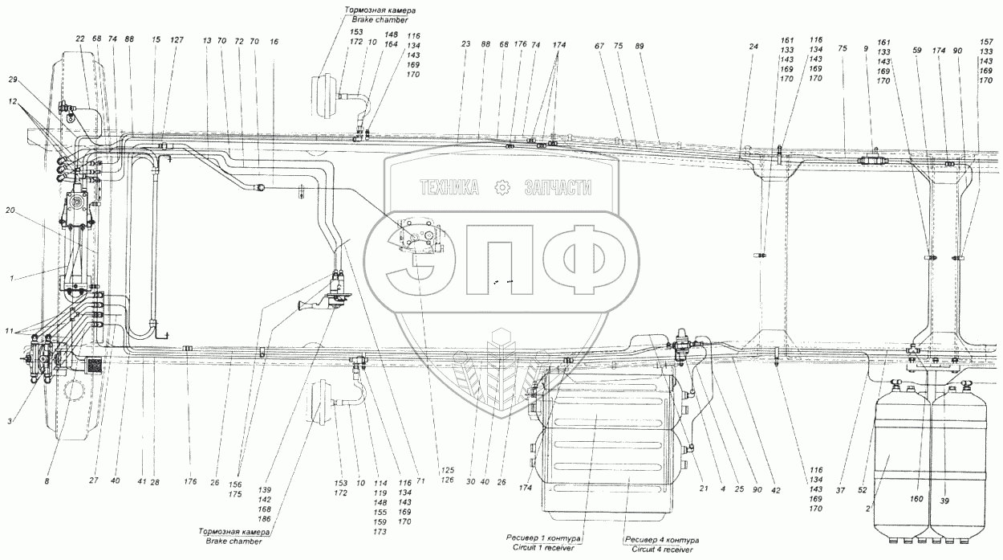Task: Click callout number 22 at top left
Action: (x=80, y=39)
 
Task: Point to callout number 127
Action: (x=177, y=39)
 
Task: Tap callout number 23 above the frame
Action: (x=465, y=44)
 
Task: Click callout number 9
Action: (x=866, y=48)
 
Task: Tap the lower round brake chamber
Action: (x=321, y=401)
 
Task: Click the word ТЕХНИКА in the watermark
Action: (x=449, y=188)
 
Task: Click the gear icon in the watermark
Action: (x=502, y=188)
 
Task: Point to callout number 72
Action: (x=238, y=39)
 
